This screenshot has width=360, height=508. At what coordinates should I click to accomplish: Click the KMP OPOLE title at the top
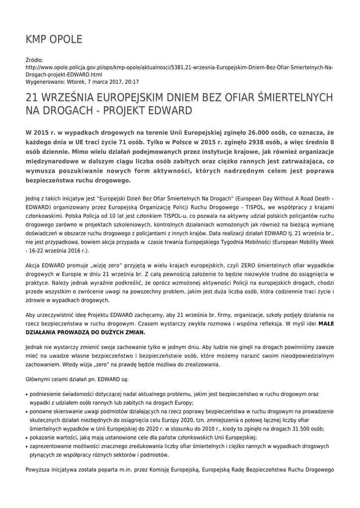[x=54, y=39]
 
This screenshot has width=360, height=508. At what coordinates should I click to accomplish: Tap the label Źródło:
[x=35, y=60]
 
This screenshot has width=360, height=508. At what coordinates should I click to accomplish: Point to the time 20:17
[x=132, y=82]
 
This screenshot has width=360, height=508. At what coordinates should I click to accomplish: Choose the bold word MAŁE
[x=326, y=323]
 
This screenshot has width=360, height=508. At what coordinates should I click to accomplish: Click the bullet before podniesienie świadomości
[x=26, y=394]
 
